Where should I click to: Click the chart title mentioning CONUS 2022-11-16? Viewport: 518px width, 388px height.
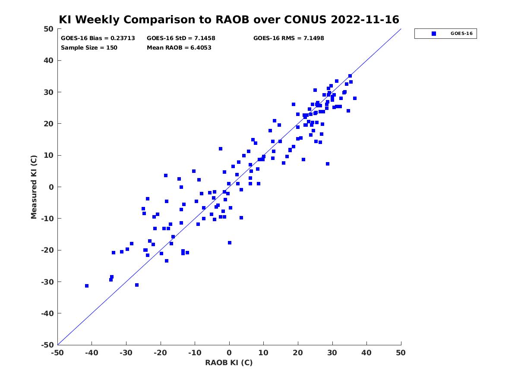(x=229, y=20)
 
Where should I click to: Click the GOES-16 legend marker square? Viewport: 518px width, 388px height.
(x=434, y=34)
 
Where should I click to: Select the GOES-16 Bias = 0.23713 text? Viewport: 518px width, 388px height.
(x=98, y=38)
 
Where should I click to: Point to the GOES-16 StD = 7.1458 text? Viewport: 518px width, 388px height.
(x=181, y=38)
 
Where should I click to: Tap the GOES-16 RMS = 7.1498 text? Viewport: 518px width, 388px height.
(x=289, y=38)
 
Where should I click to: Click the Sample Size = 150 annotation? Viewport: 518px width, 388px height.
(x=89, y=48)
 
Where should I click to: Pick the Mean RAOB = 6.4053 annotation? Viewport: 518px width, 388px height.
(x=179, y=48)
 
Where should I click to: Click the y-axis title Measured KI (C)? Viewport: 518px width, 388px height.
(x=34, y=187)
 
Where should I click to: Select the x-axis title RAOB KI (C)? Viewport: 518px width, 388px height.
(x=229, y=363)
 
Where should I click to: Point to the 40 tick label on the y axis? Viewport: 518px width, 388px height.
(x=49, y=60)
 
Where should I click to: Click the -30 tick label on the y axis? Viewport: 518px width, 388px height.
(x=47, y=282)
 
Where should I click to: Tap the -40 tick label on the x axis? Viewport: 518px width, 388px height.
(x=92, y=353)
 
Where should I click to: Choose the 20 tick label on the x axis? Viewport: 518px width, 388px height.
(x=298, y=353)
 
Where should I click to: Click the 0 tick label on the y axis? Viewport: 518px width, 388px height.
(x=51, y=187)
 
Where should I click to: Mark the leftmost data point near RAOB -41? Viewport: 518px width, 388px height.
(x=87, y=286)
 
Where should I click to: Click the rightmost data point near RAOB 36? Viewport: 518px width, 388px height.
(x=355, y=98)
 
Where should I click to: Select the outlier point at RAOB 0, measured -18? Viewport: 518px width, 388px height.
(x=230, y=243)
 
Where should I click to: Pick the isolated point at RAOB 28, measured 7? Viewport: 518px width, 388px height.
(x=328, y=164)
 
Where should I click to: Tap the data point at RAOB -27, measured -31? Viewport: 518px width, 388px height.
(x=137, y=285)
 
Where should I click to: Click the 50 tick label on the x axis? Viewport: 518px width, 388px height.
(x=401, y=353)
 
